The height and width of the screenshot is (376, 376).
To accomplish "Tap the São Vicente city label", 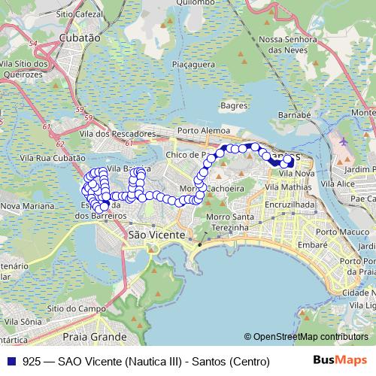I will click(x=156, y=235).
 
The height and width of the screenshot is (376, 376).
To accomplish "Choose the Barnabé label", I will click(x=294, y=115).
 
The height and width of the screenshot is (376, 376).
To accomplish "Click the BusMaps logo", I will click(x=340, y=361).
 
